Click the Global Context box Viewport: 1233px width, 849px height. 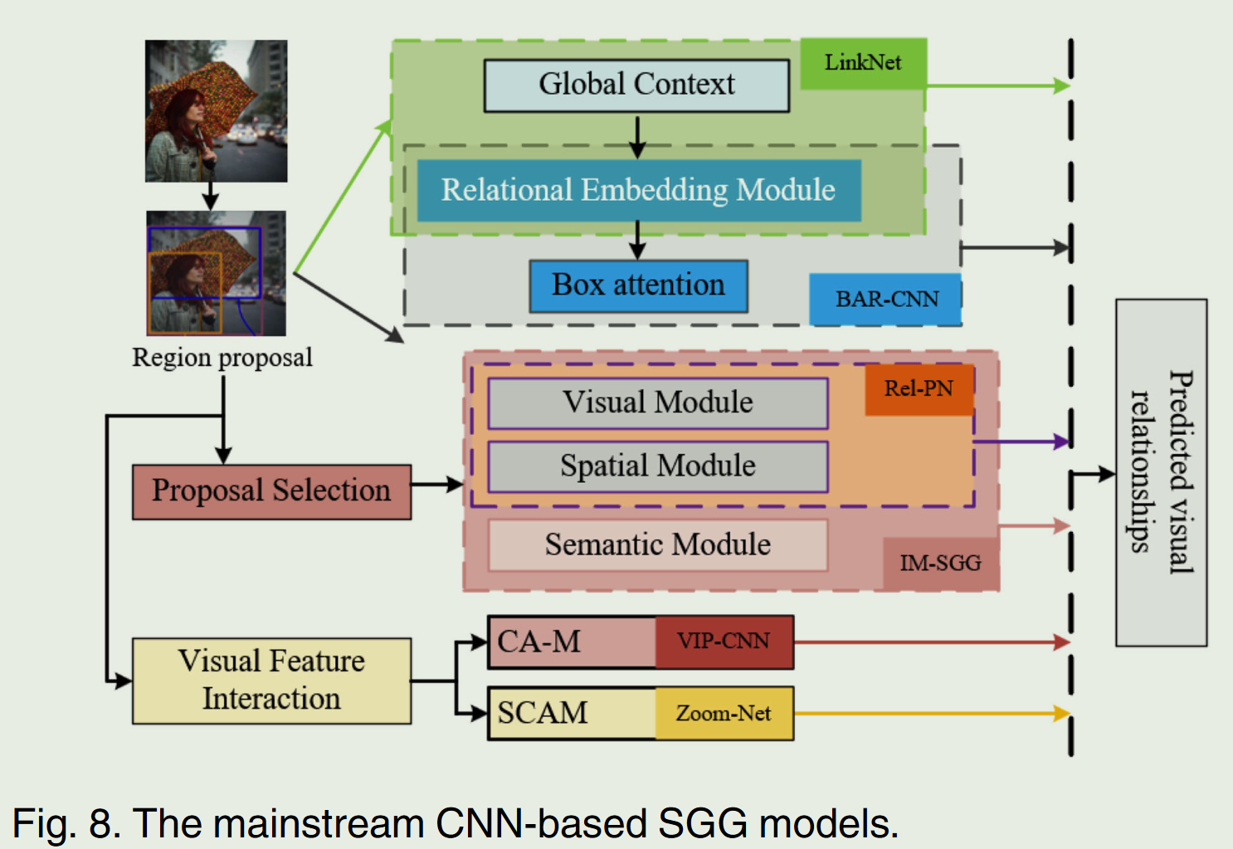(x=636, y=85)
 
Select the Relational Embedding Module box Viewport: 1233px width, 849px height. (x=638, y=190)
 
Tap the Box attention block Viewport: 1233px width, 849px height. (x=638, y=285)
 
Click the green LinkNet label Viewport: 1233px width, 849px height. (x=863, y=63)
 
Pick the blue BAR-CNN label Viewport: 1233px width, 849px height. (x=885, y=299)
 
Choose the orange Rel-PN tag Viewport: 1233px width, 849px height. (x=919, y=388)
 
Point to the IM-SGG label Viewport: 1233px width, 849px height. (x=940, y=564)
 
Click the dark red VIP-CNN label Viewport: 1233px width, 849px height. (x=724, y=642)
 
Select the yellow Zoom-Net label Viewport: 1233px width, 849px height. (x=724, y=713)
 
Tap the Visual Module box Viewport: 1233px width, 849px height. (x=658, y=403)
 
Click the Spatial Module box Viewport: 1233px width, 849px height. (x=658, y=466)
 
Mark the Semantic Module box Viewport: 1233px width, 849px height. (x=658, y=545)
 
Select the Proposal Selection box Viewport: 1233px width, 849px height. (x=271, y=491)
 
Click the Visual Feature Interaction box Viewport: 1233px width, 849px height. (x=271, y=681)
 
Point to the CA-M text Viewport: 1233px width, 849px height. (x=539, y=642)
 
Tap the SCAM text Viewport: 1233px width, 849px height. (x=543, y=714)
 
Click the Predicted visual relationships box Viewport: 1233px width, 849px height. (x=1161, y=472)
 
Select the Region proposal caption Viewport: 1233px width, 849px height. (x=222, y=358)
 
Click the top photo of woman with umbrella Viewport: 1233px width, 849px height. (x=216, y=111)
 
